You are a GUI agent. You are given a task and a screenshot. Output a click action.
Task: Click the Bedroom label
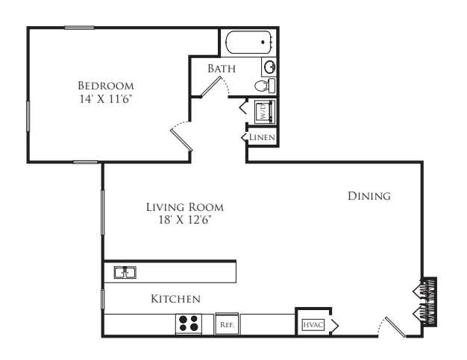tap(106, 86)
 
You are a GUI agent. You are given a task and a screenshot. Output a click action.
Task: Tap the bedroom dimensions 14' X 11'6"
tap(105, 99)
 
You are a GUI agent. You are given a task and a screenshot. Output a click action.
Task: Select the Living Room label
tap(185, 207)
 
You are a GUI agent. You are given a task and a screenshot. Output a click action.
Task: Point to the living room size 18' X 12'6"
tap(185, 220)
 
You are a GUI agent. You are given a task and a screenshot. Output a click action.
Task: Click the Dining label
tap(369, 196)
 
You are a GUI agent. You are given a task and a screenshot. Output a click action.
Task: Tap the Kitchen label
tap(176, 299)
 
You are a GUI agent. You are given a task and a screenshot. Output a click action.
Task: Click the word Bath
tap(222, 69)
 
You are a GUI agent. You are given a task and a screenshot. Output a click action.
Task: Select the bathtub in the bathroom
tap(249, 42)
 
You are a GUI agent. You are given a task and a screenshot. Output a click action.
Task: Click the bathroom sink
tap(269, 67)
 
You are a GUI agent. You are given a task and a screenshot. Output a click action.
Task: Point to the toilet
tap(265, 86)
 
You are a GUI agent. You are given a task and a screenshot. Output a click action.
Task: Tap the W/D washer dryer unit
tap(265, 112)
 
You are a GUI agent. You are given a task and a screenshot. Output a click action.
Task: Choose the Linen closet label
tap(262, 137)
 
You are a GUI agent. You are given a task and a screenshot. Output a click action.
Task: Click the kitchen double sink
tap(125, 272)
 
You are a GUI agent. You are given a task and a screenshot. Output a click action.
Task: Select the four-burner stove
tap(189, 323)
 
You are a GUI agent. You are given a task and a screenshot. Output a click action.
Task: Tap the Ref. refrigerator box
tap(227, 323)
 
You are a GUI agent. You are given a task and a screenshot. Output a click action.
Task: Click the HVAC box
tap(313, 324)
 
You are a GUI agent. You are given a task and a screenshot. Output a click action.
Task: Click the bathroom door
tap(211, 87)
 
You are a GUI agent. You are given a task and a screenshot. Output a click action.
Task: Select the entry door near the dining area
tap(395, 327)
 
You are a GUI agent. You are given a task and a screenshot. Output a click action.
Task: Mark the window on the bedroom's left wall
tap(28, 116)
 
